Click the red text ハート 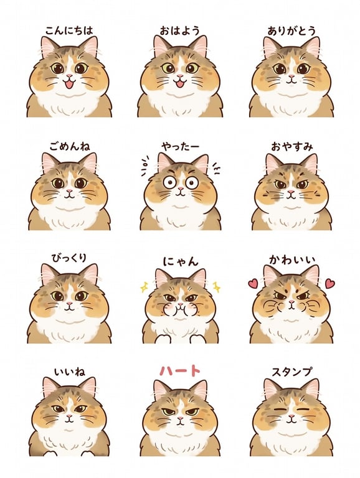pos(180,371)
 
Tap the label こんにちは pos(69,30)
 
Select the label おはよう pos(180,30)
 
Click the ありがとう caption pos(291,30)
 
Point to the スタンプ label pos(292,372)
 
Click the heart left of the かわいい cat pos(253,284)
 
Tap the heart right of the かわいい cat pos(330,284)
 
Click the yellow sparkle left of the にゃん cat pos(144,287)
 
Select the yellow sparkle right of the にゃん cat pos(217,287)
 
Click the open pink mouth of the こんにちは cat pos(69,83)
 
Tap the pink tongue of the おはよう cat pos(180,84)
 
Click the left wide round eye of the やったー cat pos(169,182)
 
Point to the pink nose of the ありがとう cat pos(291,76)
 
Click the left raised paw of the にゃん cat pos(165,339)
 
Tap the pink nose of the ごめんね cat pos(70,192)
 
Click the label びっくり pos(69,258)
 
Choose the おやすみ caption pos(292,147)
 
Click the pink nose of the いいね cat pos(69,416)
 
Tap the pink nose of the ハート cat pos(180,419)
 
